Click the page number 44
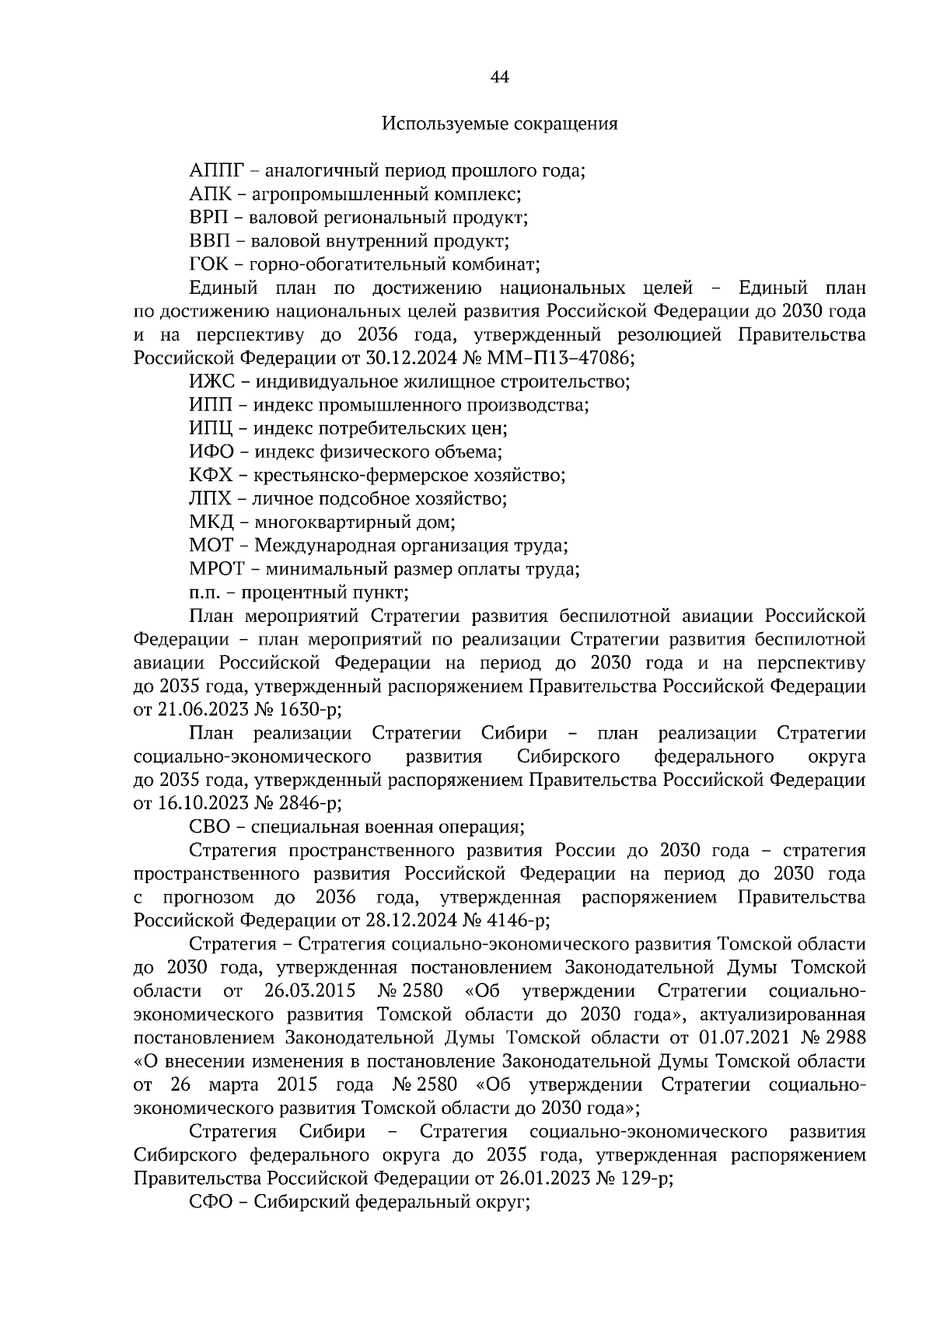pos(500,77)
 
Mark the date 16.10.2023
pos(197,804)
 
